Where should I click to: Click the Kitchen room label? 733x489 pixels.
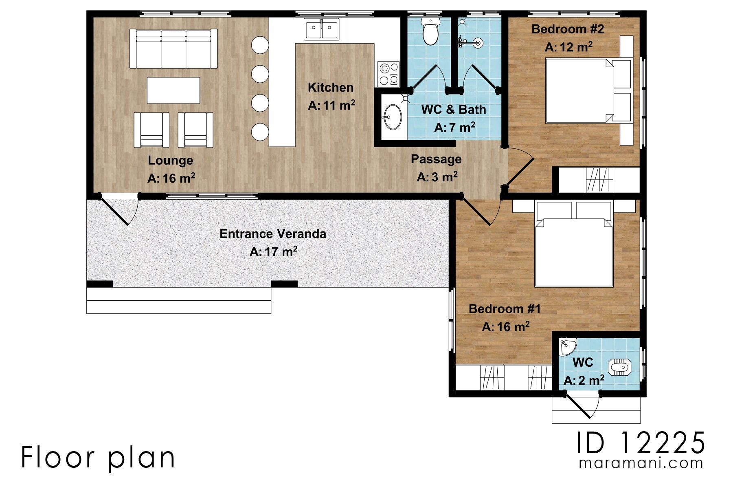point(330,87)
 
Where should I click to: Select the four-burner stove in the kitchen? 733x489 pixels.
point(388,74)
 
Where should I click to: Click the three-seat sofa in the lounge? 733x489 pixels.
point(173,49)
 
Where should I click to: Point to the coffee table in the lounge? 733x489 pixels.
point(173,90)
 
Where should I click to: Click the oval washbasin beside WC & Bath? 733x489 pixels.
point(393,117)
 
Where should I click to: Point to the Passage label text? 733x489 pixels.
point(436,159)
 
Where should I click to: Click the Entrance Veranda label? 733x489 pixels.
point(272,234)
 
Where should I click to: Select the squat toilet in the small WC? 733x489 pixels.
point(620,368)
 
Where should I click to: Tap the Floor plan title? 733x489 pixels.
point(98,457)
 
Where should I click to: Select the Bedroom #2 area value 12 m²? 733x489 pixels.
point(568,47)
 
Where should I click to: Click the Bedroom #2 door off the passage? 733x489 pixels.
point(520,167)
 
